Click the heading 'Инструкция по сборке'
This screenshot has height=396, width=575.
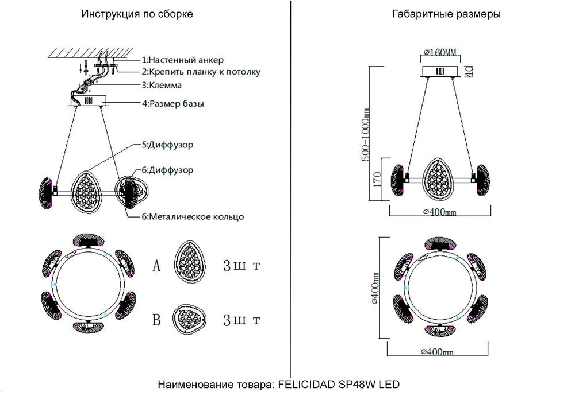(x=137, y=14)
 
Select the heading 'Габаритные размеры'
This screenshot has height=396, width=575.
(x=446, y=14)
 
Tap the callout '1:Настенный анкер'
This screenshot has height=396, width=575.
(x=182, y=60)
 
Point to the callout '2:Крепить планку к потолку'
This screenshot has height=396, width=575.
(x=201, y=72)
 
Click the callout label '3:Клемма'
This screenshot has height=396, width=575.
(x=162, y=86)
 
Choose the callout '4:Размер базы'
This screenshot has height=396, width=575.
(x=172, y=104)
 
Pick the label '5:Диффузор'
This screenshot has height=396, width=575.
(x=167, y=145)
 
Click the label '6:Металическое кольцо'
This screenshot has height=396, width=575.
(x=193, y=217)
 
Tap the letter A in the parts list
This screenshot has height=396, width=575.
(x=156, y=266)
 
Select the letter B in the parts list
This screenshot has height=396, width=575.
(x=156, y=320)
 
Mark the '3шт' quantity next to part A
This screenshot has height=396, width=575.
(x=241, y=266)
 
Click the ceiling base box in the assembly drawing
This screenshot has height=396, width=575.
(x=89, y=101)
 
